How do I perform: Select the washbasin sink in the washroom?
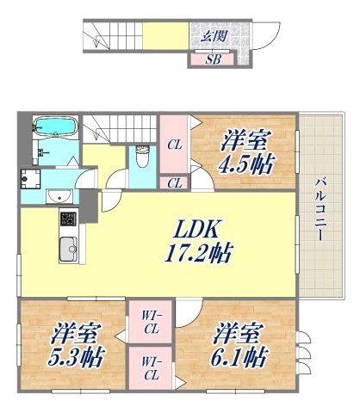pos(58,194)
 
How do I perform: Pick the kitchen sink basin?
pos(68,250)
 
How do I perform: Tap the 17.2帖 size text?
pos(199,254)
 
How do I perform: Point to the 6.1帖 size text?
pos(240,354)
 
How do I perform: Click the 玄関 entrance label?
pos(214,37)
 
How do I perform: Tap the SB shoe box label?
pos(214,59)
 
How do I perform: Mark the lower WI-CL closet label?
pos(151,368)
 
